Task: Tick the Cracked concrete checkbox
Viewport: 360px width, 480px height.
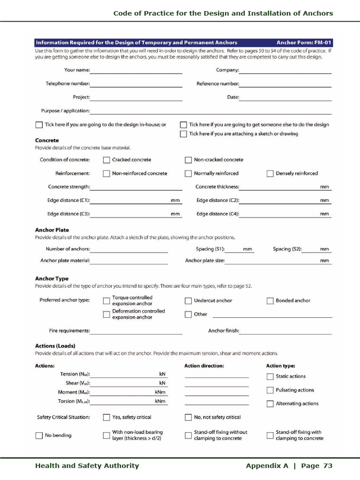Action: point(106,160)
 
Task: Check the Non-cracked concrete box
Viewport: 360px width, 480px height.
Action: point(188,160)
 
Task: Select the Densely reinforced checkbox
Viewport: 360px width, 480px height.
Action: point(270,173)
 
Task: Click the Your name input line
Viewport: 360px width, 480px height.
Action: point(136,71)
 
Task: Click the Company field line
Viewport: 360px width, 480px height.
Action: point(285,71)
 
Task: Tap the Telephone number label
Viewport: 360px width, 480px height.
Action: point(67,84)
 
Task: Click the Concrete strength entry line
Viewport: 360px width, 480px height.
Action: point(136,187)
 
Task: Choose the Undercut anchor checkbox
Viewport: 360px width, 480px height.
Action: point(188,301)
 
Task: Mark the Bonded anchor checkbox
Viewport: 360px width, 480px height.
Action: point(270,301)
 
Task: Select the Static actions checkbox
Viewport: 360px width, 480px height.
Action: point(270,376)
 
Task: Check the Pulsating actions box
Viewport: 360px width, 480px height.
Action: point(270,390)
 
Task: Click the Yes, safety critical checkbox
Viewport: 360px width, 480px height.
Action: point(106,417)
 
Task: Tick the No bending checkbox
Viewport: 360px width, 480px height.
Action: point(39,435)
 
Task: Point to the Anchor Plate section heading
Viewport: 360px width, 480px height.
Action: point(52,230)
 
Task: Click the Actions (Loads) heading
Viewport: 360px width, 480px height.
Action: point(55,346)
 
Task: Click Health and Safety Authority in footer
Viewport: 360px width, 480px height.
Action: point(87,465)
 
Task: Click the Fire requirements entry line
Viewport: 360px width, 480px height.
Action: point(136,331)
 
